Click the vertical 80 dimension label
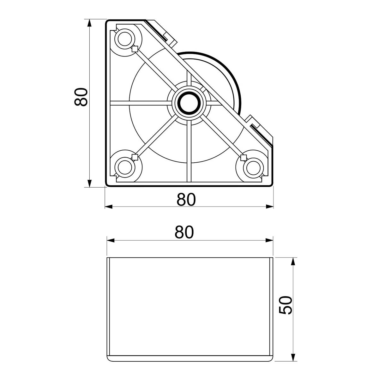81,97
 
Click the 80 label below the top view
186,199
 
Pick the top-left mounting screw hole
124,39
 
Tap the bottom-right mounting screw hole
253,168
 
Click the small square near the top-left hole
135,49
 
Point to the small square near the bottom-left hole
135,157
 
